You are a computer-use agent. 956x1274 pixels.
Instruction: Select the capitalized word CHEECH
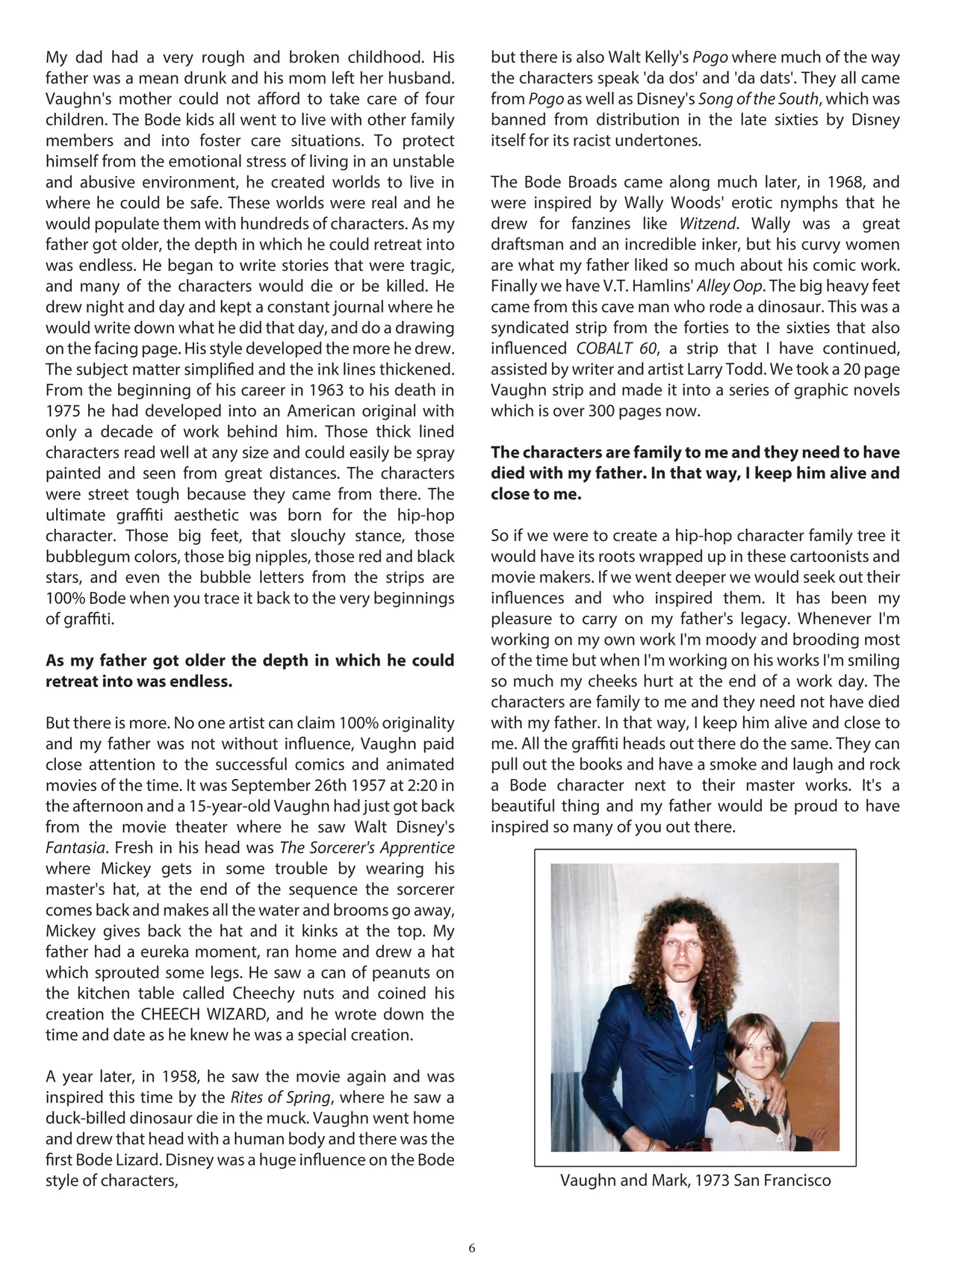(x=168, y=1014)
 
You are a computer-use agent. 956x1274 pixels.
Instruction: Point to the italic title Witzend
(x=707, y=223)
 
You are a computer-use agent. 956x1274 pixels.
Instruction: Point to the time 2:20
(x=422, y=785)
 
